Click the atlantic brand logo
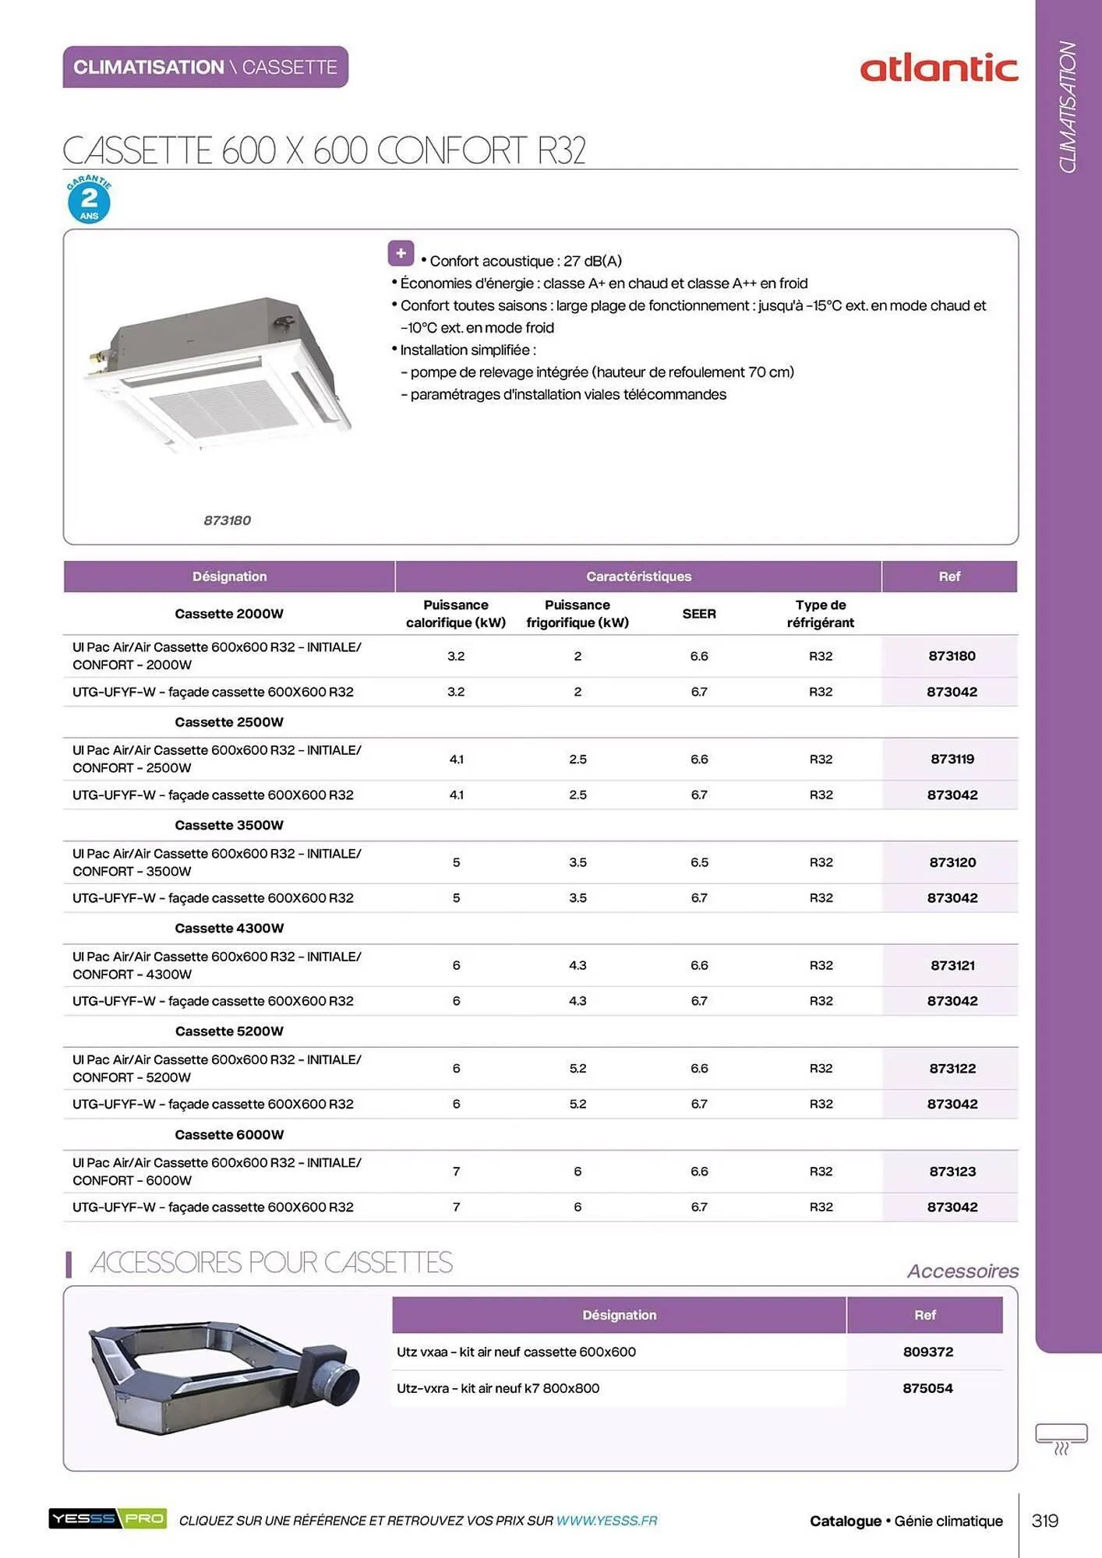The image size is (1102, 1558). [x=938, y=69]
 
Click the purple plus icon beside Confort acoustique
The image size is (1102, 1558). [x=401, y=253]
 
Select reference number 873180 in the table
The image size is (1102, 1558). [x=951, y=656]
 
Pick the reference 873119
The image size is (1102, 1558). [x=952, y=759]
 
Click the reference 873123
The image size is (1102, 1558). [x=952, y=1171]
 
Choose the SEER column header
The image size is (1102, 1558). [x=698, y=614]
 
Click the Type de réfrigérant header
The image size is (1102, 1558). [x=820, y=614]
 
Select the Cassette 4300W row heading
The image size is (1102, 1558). [x=229, y=928]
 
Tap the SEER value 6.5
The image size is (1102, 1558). [x=698, y=862]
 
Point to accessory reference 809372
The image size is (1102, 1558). [x=927, y=1352]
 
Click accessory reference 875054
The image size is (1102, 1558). [x=927, y=1388]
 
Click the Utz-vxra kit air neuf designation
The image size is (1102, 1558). [x=498, y=1388]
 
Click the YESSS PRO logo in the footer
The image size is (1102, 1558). [x=108, y=1518]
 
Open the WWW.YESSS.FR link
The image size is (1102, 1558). [x=606, y=1521]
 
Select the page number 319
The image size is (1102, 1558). [x=1044, y=1521]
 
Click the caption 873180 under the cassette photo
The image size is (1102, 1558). [x=227, y=520]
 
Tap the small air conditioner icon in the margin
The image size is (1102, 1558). [x=1061, y=1438]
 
